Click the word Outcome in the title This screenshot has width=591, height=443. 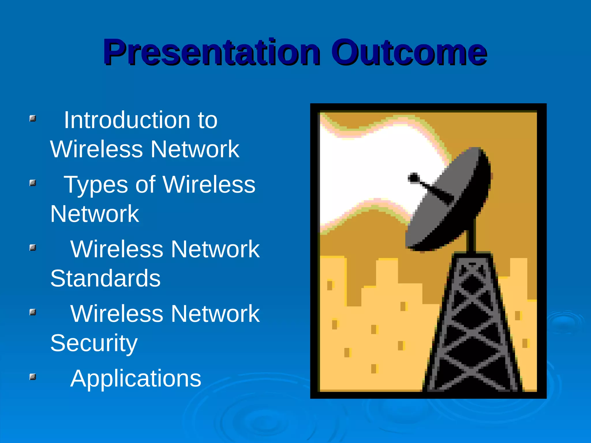coord(409,52)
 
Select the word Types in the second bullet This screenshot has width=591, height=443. coord(96,185)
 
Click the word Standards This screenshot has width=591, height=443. coord(105,279)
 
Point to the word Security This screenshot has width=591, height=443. coord(94,343)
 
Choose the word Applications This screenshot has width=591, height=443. coord(136,379)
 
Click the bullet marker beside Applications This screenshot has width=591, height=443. coord(33,377)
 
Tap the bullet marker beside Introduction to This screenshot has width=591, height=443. coord(33,119)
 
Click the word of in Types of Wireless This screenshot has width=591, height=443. coord(145,185)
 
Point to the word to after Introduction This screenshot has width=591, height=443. coord(207,120)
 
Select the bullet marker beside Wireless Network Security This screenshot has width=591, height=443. coord(33,312)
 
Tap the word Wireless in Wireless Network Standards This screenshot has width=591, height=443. coord(117,249)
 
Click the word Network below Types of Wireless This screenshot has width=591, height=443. coord(94,214)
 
